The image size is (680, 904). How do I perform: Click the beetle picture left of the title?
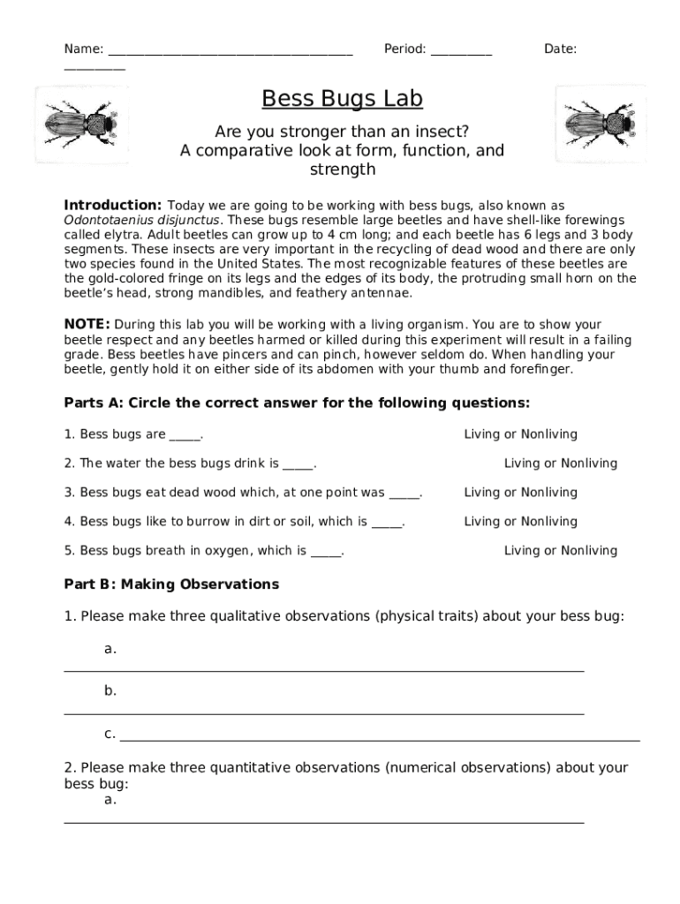(80, 124)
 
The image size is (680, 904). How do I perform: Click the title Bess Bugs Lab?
(342, 99)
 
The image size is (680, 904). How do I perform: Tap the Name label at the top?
(83, 49)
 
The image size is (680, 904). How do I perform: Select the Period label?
(405, 49)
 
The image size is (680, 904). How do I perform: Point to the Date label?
(560, 49)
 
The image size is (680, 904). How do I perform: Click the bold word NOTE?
(87, 324)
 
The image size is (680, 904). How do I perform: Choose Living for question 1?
(482, 434)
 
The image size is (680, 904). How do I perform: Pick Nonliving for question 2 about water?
(589, 463)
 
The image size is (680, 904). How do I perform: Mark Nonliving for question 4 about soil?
(549, 522)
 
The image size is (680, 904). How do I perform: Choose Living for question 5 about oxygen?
(522, 551)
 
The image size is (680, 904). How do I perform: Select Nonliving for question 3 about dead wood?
(549, 493)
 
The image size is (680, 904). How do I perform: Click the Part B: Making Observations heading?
(171, 584)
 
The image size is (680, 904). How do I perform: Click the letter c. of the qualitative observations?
(110, 734)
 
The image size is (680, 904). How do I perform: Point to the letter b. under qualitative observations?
(110, 690)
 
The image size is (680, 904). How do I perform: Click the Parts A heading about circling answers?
(297, 403)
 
